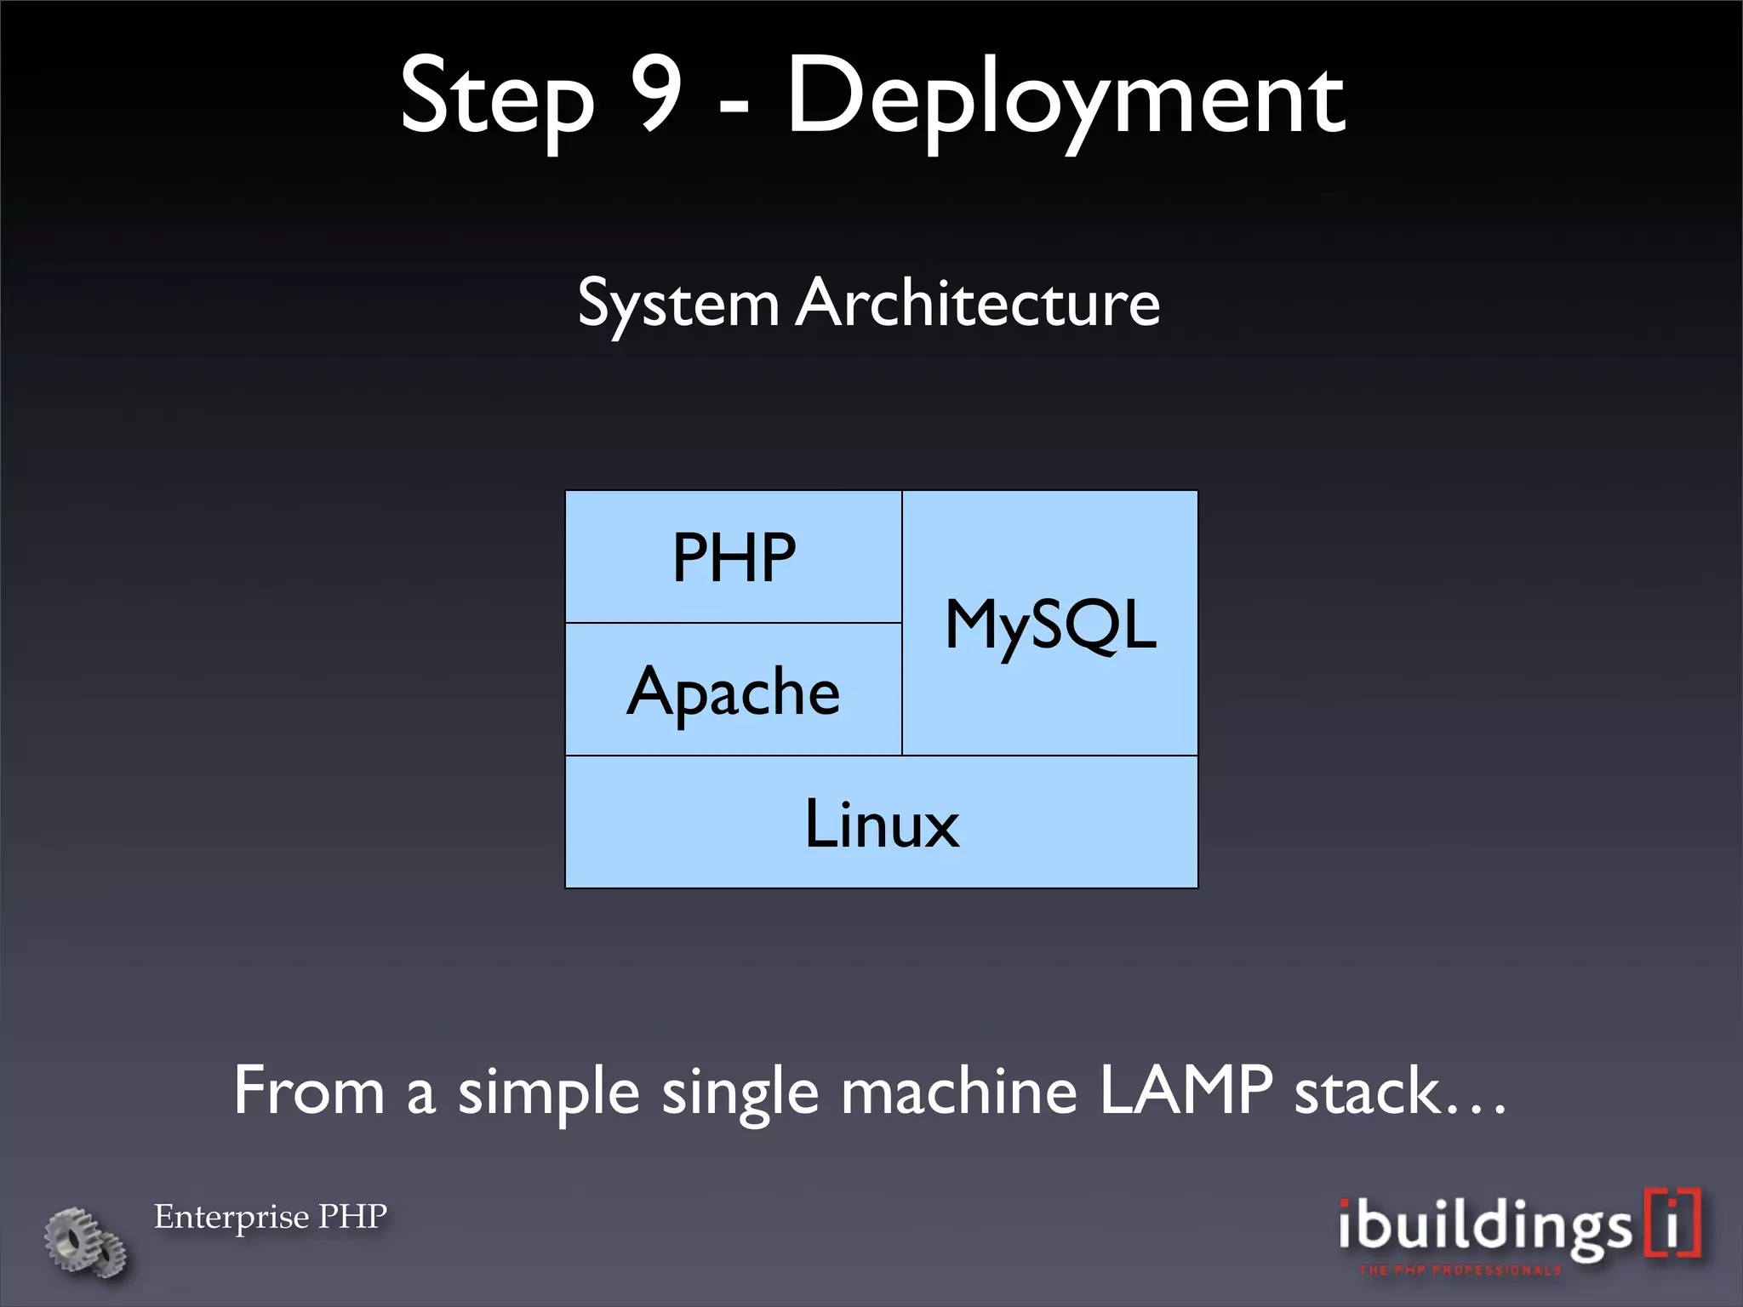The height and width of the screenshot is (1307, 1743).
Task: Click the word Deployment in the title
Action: click(x=1064, y=98)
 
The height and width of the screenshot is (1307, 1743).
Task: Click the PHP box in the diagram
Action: click(x=734, y=557)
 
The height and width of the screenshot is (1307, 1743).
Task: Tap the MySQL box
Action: click(x=1050, y=624)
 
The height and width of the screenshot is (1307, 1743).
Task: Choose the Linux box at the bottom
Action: click(x=882, y=823)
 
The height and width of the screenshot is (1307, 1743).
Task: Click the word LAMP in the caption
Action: click(x=1186, y=1090)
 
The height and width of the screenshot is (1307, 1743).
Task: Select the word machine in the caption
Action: click(x=959, y=1092)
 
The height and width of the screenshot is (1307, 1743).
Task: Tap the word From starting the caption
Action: click(x=309, y=1092)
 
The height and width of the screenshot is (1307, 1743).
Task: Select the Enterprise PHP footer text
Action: click(x=271, y=1217)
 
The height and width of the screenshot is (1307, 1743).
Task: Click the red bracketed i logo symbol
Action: click(x=1673, y=1223)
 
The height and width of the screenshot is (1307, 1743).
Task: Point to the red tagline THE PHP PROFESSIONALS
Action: click(x=1460, y=1270)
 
